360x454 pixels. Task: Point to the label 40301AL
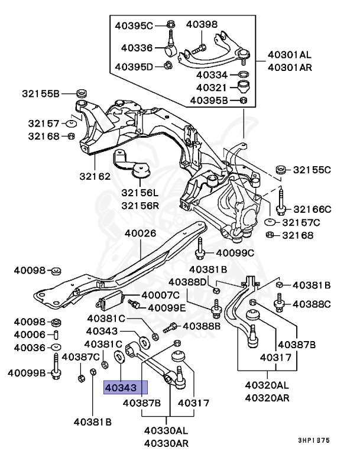(x=289, y=55)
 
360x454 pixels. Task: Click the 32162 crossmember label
(x=95, y=176)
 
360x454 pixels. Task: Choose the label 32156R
(x=140, y=205)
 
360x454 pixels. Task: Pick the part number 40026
(x=140, y=233)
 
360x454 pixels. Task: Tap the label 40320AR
(x=268, y=397)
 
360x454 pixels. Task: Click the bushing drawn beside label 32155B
(x=82, y=93)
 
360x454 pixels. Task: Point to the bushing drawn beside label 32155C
(x=282, y=169)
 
